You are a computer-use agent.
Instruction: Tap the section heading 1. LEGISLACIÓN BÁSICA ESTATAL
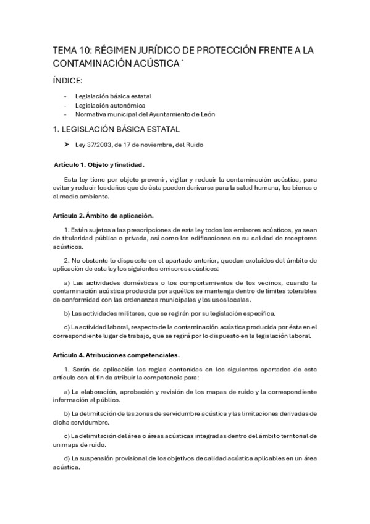[116, 129]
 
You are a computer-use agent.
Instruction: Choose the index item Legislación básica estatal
[113, 96]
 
